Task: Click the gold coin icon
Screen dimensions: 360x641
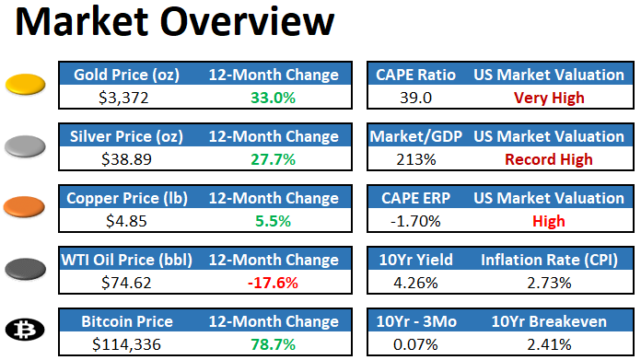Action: pyautogui.click(x=27, y=86)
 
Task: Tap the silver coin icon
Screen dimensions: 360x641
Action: pyautogui.click(x=27, y=146)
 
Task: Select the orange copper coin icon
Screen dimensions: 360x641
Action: pyautogui.click(x=27, y=206)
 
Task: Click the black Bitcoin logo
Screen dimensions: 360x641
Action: pyautogui.click(x=27, y=331)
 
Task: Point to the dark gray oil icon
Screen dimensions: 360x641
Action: pyautogui.click(x=27, y=269)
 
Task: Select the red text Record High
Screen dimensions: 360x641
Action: pyautogui.click(x=549, y=159)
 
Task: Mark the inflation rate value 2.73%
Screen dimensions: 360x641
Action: pyautogui.click(x=549, y=283)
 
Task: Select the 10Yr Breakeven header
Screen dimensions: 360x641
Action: pyautogui.click(x=549, y=322)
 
